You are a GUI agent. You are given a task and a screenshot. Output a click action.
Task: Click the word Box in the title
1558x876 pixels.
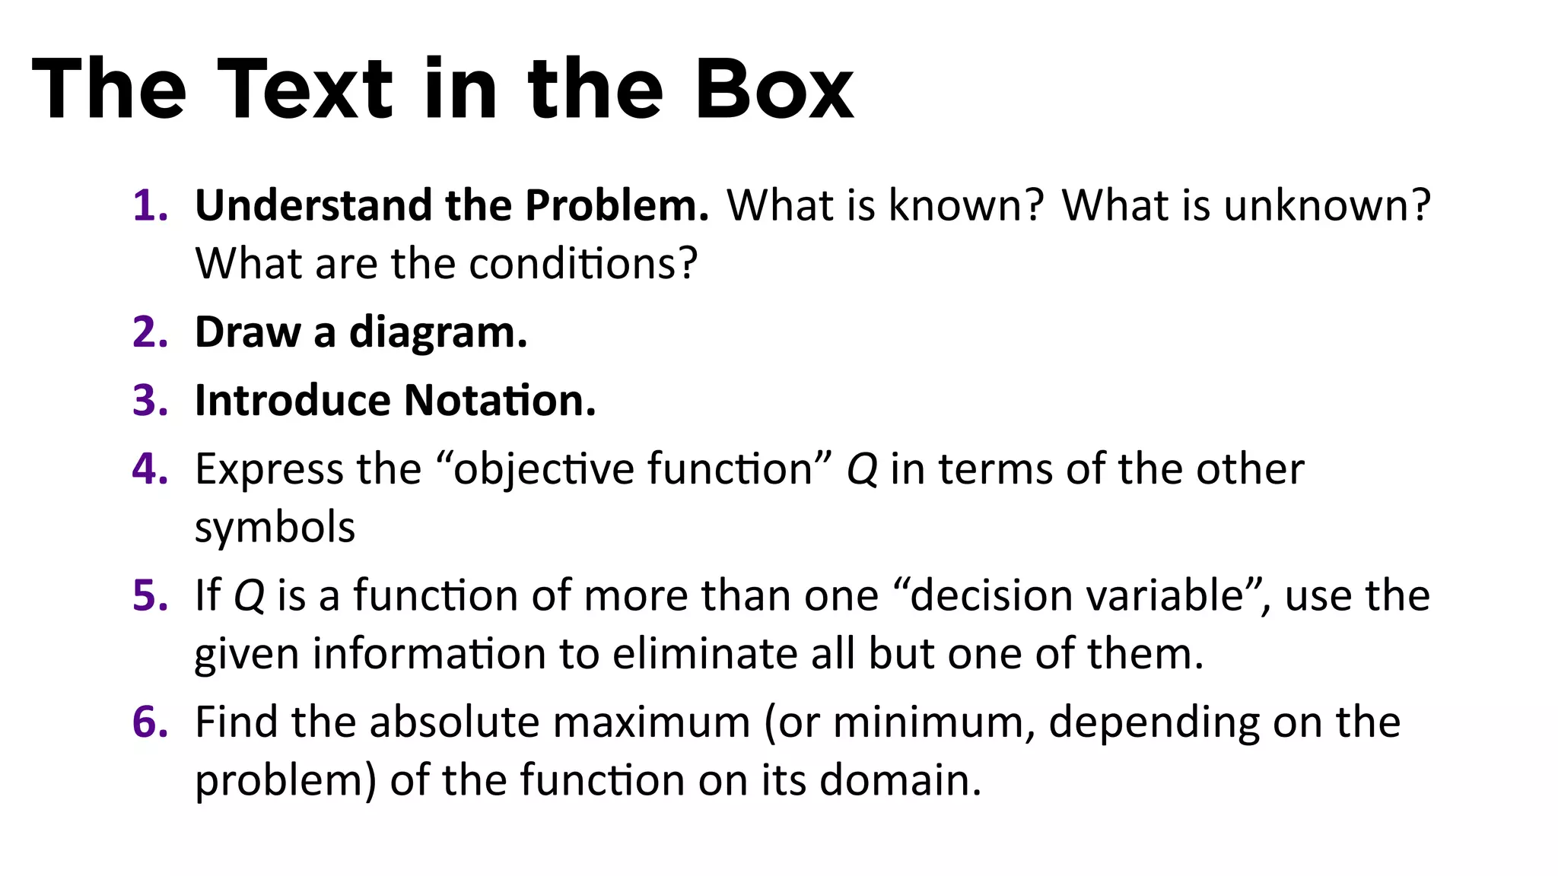(774, 90)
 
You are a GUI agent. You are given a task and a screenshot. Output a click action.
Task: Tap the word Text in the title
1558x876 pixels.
(305, 90)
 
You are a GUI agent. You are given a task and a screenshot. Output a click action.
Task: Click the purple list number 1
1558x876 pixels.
(149, 206)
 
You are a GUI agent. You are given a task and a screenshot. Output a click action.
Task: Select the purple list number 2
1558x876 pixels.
(149, 333)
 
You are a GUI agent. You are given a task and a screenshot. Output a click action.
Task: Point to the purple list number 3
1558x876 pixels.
(149, 401)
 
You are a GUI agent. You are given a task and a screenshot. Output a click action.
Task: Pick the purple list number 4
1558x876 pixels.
(149, 468)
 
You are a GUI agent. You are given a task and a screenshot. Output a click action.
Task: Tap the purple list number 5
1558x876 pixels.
(149, 595)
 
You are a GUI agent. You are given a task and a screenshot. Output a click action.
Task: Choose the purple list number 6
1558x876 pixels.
(149, 722)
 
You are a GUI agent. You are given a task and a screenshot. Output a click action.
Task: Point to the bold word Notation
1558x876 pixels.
(500, 401)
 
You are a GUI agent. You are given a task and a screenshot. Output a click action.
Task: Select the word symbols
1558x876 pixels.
(275, 528)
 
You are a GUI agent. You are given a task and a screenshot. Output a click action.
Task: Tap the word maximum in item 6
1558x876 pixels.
(651, 722)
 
